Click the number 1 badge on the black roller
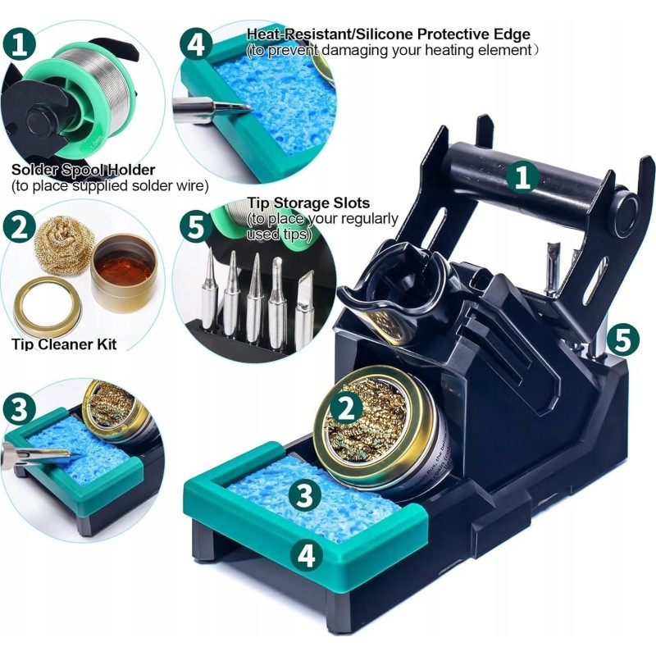click(522, 178)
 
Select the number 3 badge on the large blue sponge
click(304, 495)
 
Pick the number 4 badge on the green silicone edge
click(307, 555)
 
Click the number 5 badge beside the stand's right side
click(623, 339)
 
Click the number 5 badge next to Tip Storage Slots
click(196, 226)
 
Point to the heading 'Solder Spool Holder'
click(84, 170)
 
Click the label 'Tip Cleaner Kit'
click(64, 344)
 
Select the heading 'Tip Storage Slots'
click(308, 203)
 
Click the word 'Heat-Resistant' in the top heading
click(300, 34)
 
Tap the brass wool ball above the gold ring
click(64, 248)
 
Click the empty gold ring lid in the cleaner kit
click(48, 302)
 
